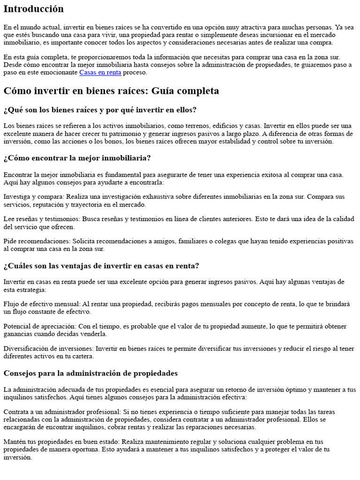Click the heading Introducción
tap(33, 9)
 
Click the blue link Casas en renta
tap(100, 73)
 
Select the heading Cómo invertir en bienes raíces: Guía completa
tap(111, 91)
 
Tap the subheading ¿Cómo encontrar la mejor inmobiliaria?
tap(77, 158)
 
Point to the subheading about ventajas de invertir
tap(101, 266)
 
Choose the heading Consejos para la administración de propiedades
tap(90, 373)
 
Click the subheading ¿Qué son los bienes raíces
tap(100, 110)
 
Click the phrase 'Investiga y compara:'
tap(32, 197)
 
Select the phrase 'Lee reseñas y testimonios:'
tap(41, 219)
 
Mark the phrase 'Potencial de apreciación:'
tap(40, 326)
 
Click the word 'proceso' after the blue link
tap(135, 73)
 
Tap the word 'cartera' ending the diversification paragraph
tap(83, 356)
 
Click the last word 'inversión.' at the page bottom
tap(17, 457)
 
